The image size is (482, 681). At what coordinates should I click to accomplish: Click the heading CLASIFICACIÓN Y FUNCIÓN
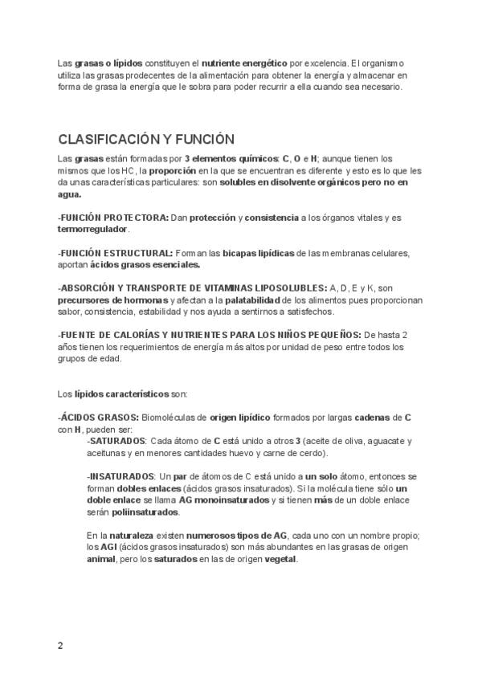click(146, 138)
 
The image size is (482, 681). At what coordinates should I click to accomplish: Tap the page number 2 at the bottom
click(60, 645)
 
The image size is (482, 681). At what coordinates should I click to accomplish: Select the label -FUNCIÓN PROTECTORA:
click(113, 218)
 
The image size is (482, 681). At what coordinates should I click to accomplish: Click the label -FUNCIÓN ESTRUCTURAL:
click(116, 253)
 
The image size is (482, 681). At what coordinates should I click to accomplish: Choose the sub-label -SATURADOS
click(116, 441)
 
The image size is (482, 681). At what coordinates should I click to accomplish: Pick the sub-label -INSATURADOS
click(120, 476)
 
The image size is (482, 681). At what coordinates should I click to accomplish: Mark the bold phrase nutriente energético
click(244, 63)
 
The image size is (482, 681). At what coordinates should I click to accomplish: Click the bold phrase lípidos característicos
click(121, 394)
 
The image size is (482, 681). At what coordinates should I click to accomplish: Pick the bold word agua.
click(69, 194)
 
